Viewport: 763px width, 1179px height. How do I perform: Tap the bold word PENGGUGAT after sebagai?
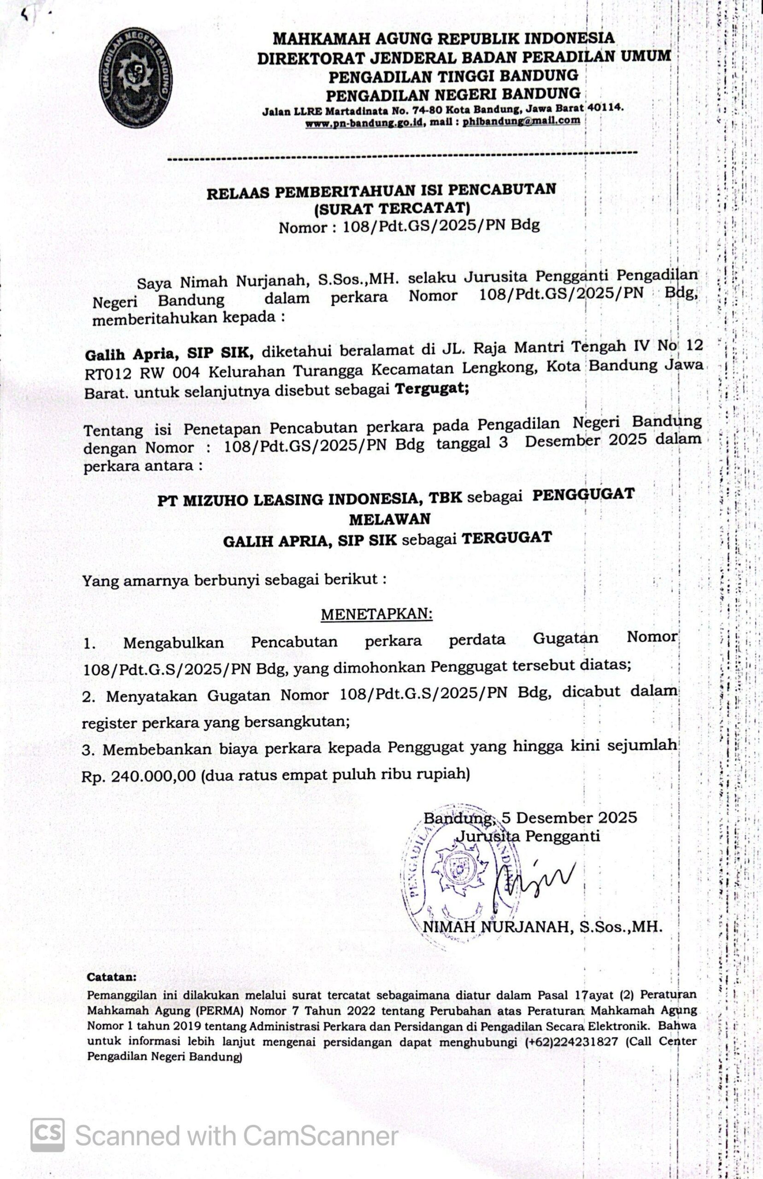click(583, 495)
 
